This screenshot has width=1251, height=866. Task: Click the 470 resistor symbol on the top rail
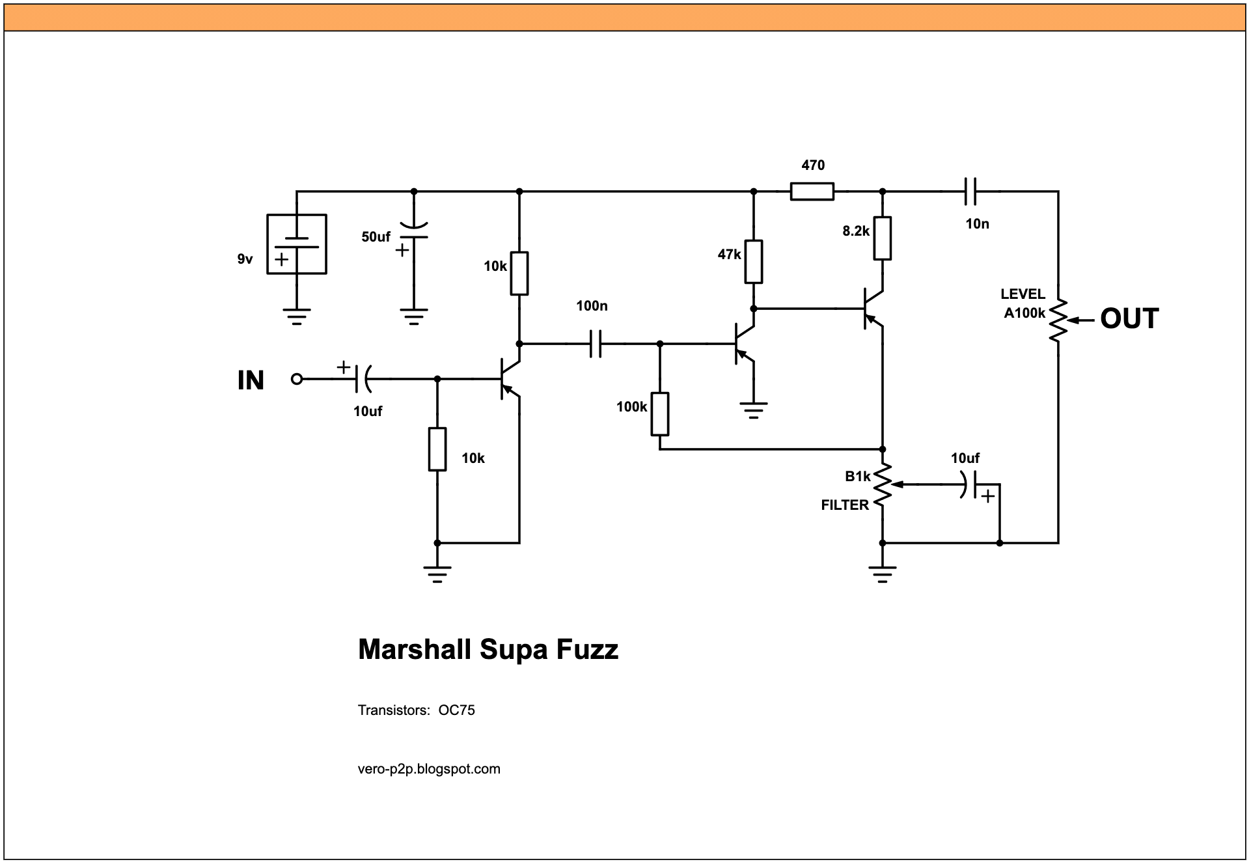point(812,191)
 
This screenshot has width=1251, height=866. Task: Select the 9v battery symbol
point(297,244)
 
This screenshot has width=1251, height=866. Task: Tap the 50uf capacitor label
point(376,237)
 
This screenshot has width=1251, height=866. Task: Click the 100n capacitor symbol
point(596,343)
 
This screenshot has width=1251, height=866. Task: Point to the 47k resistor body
point(754,262)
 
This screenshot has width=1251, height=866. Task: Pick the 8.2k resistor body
point(882,238)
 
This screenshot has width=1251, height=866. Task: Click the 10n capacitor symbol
point(970,191)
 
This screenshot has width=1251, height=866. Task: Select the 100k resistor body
point(660,414)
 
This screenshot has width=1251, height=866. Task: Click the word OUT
point(1129,319)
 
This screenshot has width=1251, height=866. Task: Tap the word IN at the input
point(251,380)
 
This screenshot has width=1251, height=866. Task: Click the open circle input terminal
point(297,379)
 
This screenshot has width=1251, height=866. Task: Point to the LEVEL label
point(1023,294)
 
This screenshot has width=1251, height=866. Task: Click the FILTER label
point(844,505)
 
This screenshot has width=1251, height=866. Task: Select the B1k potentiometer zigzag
point(883,485)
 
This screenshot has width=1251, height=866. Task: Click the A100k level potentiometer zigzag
point(1058,320)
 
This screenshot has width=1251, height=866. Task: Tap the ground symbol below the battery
point(297,316)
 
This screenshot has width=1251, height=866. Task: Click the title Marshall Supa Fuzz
point(488,650)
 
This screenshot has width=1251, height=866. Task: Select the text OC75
point(456,710)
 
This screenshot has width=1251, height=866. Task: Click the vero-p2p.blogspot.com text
point(429,769)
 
